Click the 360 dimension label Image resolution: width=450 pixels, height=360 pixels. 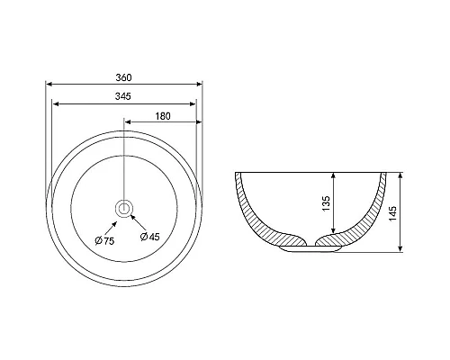pos(123,77)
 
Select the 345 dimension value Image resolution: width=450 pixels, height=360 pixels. pos(123,96)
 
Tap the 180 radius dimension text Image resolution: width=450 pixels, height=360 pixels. pos(163,116)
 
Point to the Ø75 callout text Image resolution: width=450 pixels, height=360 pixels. pos(104,240)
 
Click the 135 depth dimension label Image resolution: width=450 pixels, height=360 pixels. pos(327,203)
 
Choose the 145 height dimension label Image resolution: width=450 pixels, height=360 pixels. pos(392,213)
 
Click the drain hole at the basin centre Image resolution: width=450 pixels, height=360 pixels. pos(123,208)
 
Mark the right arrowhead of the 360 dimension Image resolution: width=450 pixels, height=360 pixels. pos(199,85)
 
